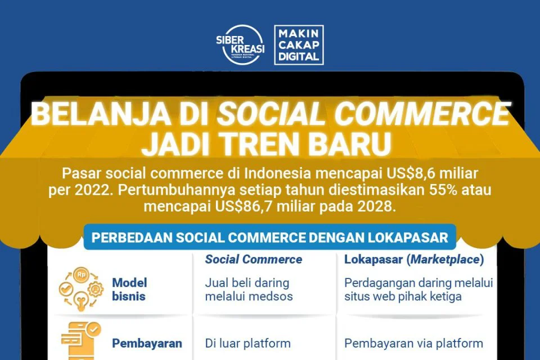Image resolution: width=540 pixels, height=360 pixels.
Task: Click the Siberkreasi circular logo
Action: (240, 45)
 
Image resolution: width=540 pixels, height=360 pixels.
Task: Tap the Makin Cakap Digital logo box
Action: (299, 45)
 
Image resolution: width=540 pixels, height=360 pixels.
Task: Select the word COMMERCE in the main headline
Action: (421, 113)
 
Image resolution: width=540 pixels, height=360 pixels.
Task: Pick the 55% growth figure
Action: (443, 190)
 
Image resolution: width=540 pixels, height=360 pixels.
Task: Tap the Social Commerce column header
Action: (254, 259)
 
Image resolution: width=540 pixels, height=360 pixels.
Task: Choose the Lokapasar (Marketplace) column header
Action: (414, 259)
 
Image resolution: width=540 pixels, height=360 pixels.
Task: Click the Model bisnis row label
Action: (129, 289)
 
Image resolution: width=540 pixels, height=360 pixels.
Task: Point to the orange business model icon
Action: (80, 289)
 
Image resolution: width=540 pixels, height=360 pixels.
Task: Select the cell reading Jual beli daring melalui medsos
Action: (249, 289)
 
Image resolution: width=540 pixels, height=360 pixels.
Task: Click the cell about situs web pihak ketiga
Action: (418, 289)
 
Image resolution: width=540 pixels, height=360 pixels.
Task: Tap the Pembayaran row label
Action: (147, 344)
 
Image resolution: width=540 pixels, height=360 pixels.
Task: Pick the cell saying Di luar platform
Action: (247, 344)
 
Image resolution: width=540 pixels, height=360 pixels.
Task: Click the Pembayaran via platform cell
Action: (413, 344)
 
